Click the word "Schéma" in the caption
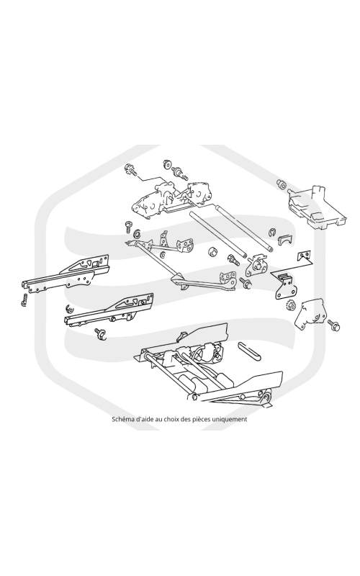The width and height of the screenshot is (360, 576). point(122,419)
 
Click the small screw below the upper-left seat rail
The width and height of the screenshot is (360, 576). point(24,300)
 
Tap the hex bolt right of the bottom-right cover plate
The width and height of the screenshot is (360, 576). point(334,325)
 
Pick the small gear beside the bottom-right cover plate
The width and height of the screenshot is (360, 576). point(290,305)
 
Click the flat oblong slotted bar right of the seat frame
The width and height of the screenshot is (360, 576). point(249,351)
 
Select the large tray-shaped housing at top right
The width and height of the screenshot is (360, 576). point(317,207)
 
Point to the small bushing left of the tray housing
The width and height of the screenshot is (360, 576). point(282,184)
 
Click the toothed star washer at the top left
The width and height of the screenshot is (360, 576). point(130,169)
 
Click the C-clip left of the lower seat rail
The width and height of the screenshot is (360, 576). point(69,308)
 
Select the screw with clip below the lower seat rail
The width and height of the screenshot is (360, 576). point(100,333)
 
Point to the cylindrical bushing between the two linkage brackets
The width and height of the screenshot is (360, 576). point(213,253)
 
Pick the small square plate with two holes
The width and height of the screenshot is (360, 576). point(304,256)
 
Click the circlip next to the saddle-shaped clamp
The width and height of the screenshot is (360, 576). point(272,232)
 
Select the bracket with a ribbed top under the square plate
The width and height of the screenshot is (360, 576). point(284,284)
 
